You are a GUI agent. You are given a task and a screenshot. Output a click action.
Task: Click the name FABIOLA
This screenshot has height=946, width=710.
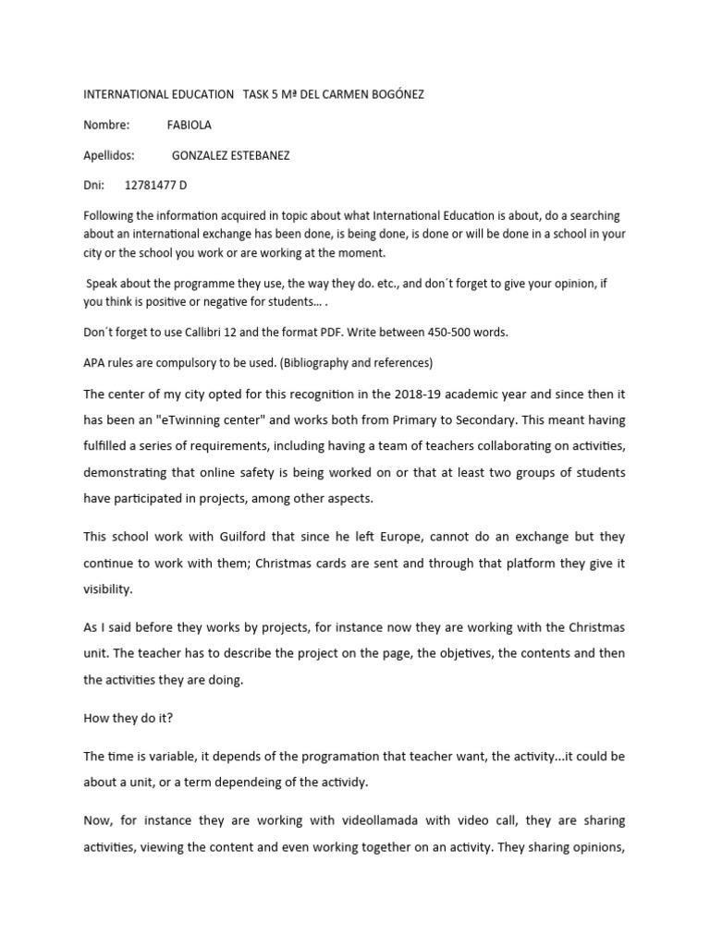189,125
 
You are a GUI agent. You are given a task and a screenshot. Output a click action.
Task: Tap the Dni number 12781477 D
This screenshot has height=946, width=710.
155,185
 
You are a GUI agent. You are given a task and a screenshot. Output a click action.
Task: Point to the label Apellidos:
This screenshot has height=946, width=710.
109,155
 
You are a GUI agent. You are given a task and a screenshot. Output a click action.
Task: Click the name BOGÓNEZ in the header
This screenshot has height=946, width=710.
392,95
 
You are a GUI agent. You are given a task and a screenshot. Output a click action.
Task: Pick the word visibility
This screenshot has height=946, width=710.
109,588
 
